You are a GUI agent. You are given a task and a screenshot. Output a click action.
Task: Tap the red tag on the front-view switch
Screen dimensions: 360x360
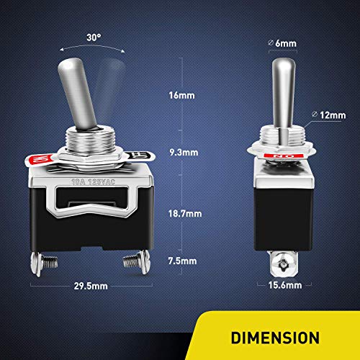coord(40,156)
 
